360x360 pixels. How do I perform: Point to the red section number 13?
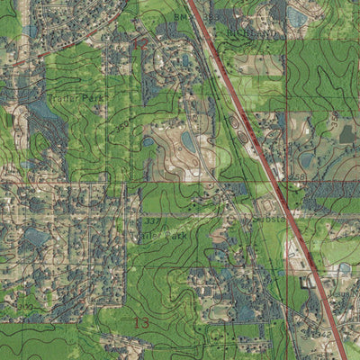139,321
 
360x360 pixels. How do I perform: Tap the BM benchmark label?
180,15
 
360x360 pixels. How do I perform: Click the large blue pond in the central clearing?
189,141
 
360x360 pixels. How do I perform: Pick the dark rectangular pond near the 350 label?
347,134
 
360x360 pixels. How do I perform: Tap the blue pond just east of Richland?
297,16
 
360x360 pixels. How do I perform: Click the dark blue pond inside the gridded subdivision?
36,237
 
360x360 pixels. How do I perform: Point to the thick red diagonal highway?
270,180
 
